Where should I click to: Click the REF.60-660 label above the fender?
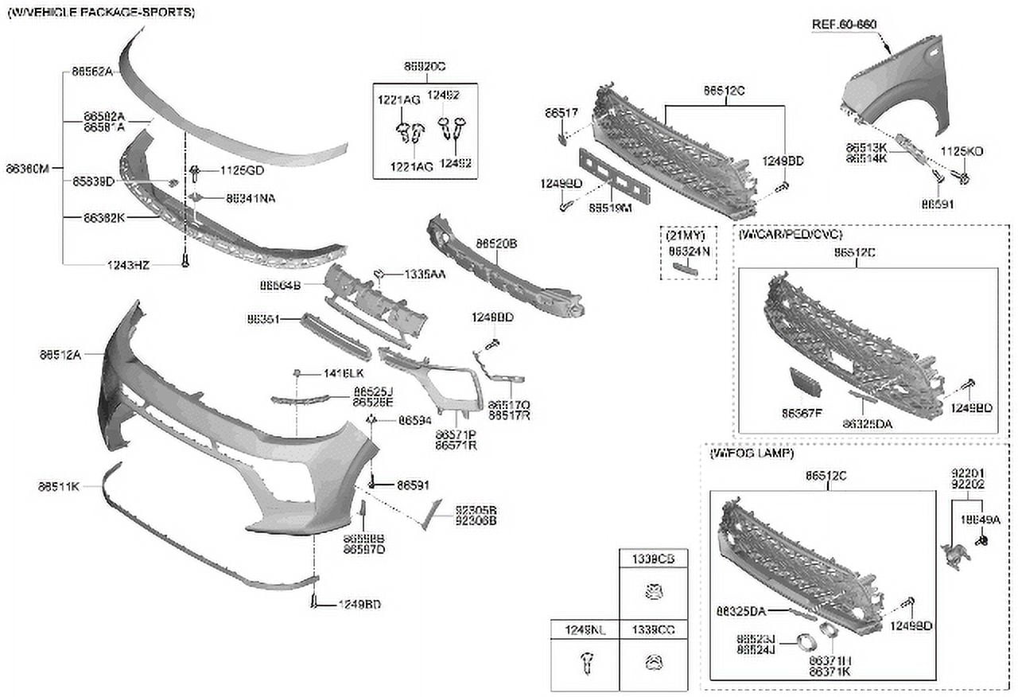coord(844,25)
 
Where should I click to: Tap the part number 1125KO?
coord(962,150)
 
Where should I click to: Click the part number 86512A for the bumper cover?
coord(60,355)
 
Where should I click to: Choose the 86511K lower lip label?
coord(59,485)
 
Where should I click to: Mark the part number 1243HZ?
coord(128,265)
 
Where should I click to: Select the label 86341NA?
coord(251,198)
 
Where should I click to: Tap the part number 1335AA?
coord(424,274)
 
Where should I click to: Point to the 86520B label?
coord(496,243)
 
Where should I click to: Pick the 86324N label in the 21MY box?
coord(688,250)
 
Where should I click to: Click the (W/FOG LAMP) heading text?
coord(751,453)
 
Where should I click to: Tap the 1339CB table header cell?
coord(653,559)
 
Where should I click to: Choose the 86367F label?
coord(801,413)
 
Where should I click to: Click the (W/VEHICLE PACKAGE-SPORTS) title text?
coord(101,13)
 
